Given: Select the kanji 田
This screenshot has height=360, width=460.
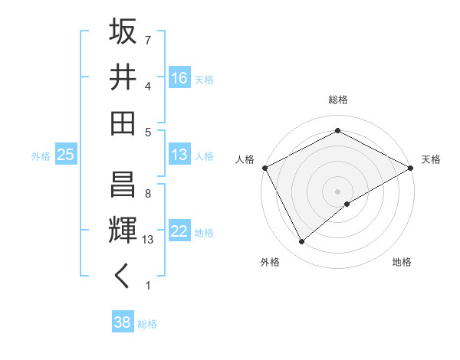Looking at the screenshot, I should pyautogui.click(x=123, y=123).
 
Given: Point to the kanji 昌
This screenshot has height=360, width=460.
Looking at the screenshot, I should pyautogui.click(x=123, y=184).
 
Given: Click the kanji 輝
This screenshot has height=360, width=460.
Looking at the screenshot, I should pyautogui.click(x=123, y=231).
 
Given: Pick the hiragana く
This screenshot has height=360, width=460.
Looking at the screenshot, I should pyautogui.click(x=123, y=277).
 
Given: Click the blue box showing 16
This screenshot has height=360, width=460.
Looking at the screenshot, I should pyautogui.click(x=179, y=77).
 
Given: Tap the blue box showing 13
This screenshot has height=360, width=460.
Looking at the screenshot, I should pyautogui.click(x=179, y=155).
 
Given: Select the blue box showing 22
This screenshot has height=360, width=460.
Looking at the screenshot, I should pyautogui.click(x=179, y=231).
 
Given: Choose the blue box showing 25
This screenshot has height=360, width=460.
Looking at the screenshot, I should pyautogui.click(x=66, y=155).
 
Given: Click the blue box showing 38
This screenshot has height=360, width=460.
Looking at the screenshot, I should pyautogui.click(x=122, y=322).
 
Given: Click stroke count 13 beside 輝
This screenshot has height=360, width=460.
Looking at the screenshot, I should pyautogui.click(x=149, y=240).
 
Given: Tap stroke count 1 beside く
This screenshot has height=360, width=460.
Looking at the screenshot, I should pyautogui.click(x=148, y=286).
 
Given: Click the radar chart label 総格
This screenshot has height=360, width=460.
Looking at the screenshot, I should pyautogui.click(x=338, y=100).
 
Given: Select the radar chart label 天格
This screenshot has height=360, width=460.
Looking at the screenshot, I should pyautogui.click(x=431, y=159).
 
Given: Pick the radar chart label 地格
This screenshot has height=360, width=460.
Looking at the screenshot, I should pyautogui.click(x=402, y=262).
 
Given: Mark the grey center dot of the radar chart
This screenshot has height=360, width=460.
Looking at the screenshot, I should pyautogui.click(x=338, y=191).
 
